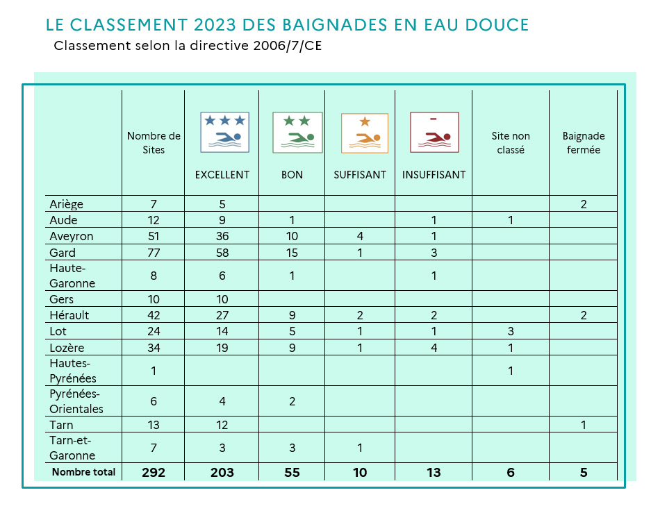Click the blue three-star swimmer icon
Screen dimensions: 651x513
coord(224,133)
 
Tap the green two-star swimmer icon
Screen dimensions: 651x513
coord(297,133)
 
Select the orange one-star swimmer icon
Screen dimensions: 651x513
coord(365,133)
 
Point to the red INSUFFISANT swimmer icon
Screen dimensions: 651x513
coord(434,133)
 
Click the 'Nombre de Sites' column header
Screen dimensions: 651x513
coord(154,143)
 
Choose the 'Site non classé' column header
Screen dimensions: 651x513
coord(511,143)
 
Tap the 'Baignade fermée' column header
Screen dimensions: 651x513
coord(584,143)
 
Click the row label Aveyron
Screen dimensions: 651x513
coord(72,237)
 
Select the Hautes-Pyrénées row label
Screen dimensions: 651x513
coord(73,371)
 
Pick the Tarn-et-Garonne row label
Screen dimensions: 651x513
coord(72,448)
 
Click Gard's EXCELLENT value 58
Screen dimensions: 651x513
coord(222,253)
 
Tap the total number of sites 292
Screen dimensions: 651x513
coord(154,472)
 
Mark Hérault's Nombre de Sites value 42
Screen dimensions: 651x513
coord(154,315)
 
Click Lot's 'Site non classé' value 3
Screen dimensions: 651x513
coord(511,331)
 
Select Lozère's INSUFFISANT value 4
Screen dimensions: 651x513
coord(434,348)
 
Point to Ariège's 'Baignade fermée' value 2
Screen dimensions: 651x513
coord(584,204)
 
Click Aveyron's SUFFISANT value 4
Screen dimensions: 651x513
coord(360,237)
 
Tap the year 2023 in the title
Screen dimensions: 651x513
coord(215,25)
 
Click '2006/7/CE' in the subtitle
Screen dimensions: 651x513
coord(288,45)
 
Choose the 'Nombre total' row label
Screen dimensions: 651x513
coord(83,472)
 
